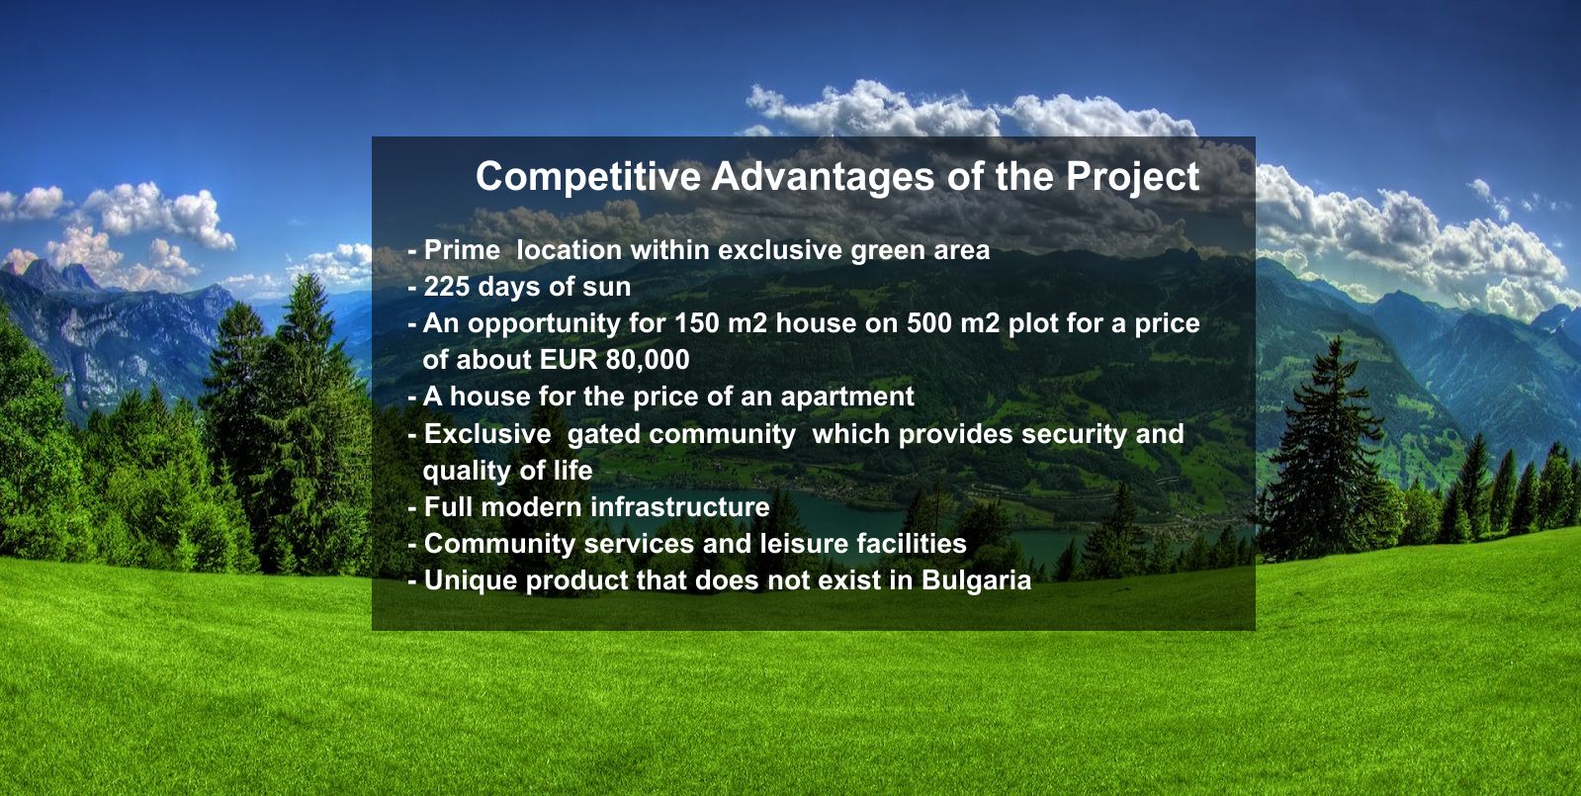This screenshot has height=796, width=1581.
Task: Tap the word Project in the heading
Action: click(x=1132, y=177)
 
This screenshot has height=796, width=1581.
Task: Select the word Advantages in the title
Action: click(x=823, y=177)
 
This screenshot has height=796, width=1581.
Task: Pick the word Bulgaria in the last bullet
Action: click(x=976, y=580)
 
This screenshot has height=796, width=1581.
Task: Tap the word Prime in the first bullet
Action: click(x=463, y=250)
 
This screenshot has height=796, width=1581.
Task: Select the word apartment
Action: click(x=847, y=398)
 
